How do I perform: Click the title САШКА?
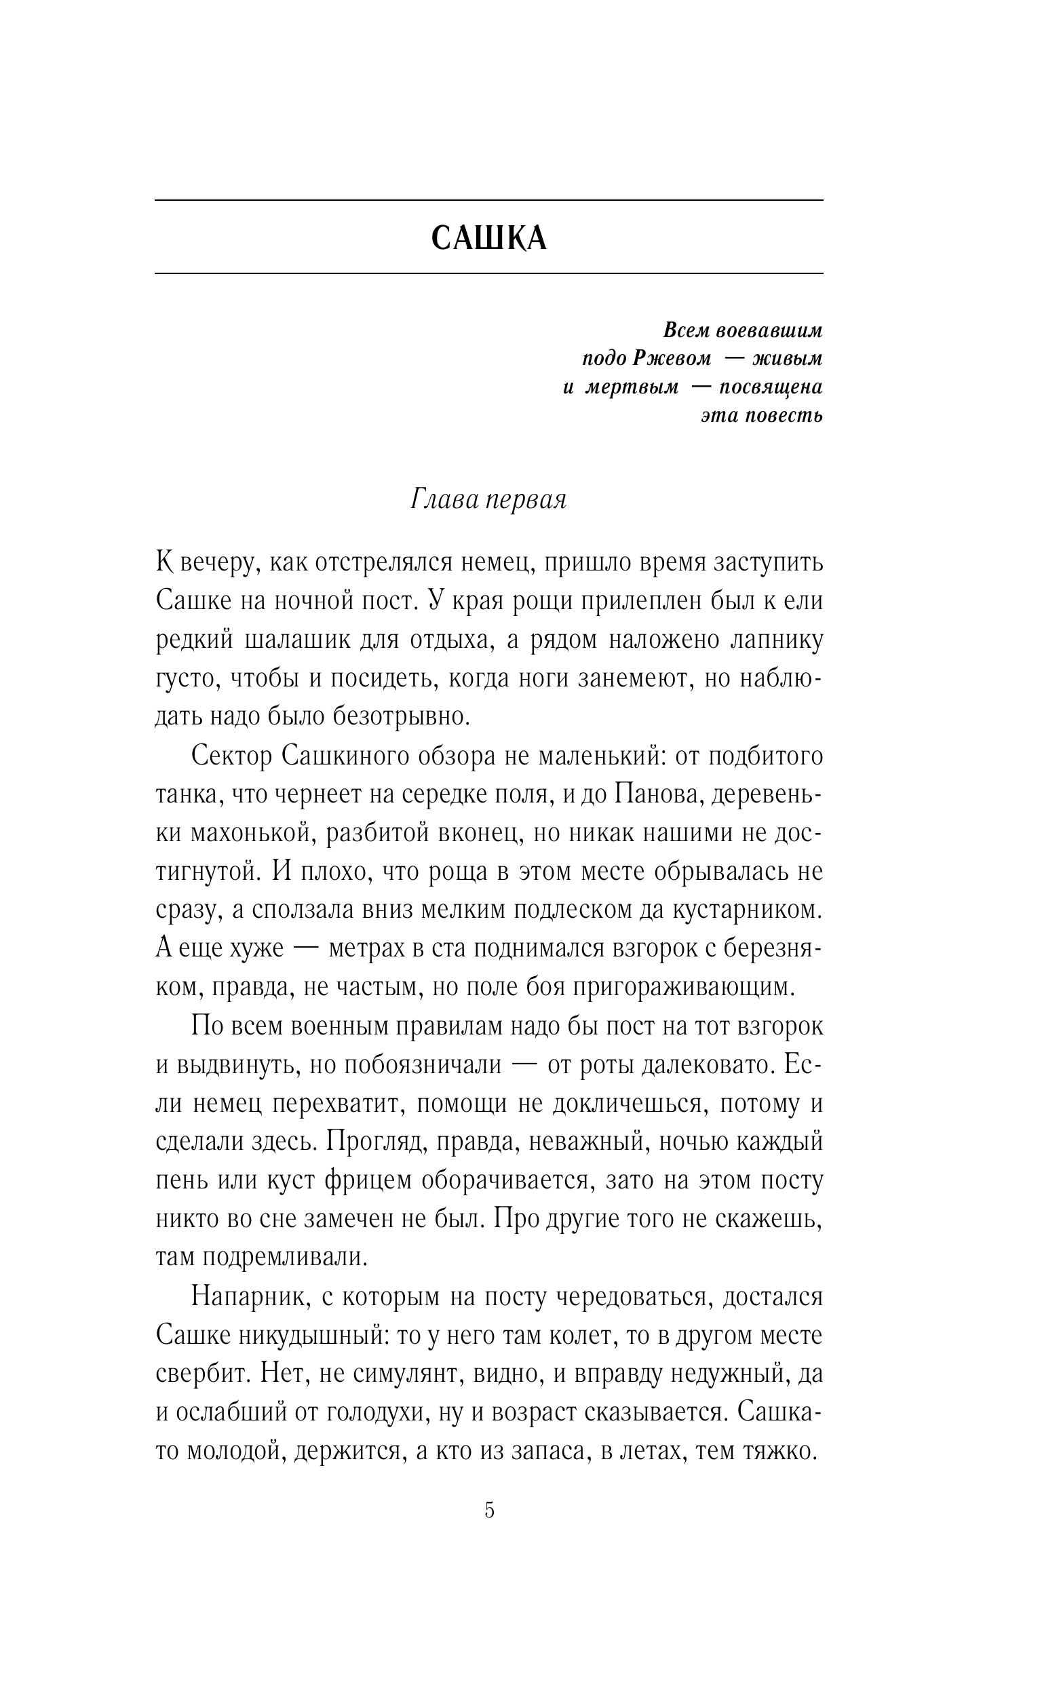(x=488, y=238)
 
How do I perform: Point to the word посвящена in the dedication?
(x=771, y=387)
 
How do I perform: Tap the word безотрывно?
(x=400, y=716)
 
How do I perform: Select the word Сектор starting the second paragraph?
(x=232, y=756)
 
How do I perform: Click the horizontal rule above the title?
(x=488, y=201)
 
